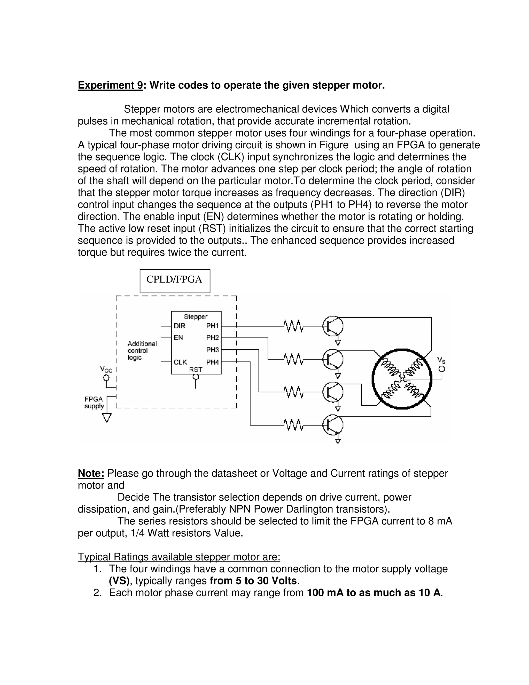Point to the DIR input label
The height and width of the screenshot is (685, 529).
tap(180, 326)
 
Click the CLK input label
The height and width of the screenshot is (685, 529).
tap(180, 362)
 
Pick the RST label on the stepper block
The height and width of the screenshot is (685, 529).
tap(196, 369)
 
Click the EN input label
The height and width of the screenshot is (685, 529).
tap(178, 338)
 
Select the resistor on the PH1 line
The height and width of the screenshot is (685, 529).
tap(293, 326)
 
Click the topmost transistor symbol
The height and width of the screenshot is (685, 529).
tap(332, 326)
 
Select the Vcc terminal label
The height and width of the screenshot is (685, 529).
tap(106, 369)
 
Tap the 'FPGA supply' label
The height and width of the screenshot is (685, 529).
tap(94, 403)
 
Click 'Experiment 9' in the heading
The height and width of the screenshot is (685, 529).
tap(110, 85)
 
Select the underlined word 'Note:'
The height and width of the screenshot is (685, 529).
tap(91, 473)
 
